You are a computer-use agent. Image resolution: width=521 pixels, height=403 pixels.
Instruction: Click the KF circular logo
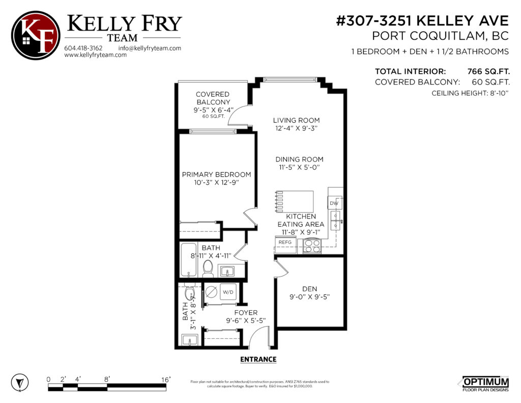[x=35, y=35]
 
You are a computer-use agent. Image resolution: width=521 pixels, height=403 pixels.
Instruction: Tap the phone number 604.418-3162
[x=83, y=48]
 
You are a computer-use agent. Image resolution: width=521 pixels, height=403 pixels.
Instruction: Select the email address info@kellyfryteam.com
[x=150, y=48]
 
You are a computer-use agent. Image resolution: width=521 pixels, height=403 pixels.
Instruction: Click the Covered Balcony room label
[x=213, y=98]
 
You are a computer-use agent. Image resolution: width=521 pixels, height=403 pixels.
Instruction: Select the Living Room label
[x=296, y=121]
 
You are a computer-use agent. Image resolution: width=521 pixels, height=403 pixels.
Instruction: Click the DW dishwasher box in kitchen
[x=334, y=204]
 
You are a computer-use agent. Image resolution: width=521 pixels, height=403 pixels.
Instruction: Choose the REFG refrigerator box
[x=285, y=243]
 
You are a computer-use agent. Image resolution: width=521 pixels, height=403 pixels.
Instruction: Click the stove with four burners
[x=311, y=246]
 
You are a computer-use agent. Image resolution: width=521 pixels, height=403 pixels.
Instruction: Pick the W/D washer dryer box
[x=227, y=292]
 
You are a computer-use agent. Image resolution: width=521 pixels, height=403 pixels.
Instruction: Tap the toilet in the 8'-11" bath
[x=208, y=268]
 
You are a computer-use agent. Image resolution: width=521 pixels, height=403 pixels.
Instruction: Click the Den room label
[x=309, y=288]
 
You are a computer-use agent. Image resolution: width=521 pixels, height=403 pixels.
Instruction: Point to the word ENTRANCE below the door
[x=258, y=359]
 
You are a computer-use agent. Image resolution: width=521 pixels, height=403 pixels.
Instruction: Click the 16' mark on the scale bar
[x=166, y=380]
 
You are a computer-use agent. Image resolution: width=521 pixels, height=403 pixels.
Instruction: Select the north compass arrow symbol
[x=19, y=382]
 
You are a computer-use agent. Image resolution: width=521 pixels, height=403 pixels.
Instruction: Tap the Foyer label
[x=246, y=312]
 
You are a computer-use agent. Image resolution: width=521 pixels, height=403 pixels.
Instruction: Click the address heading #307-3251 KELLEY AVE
[x=422, y=21]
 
